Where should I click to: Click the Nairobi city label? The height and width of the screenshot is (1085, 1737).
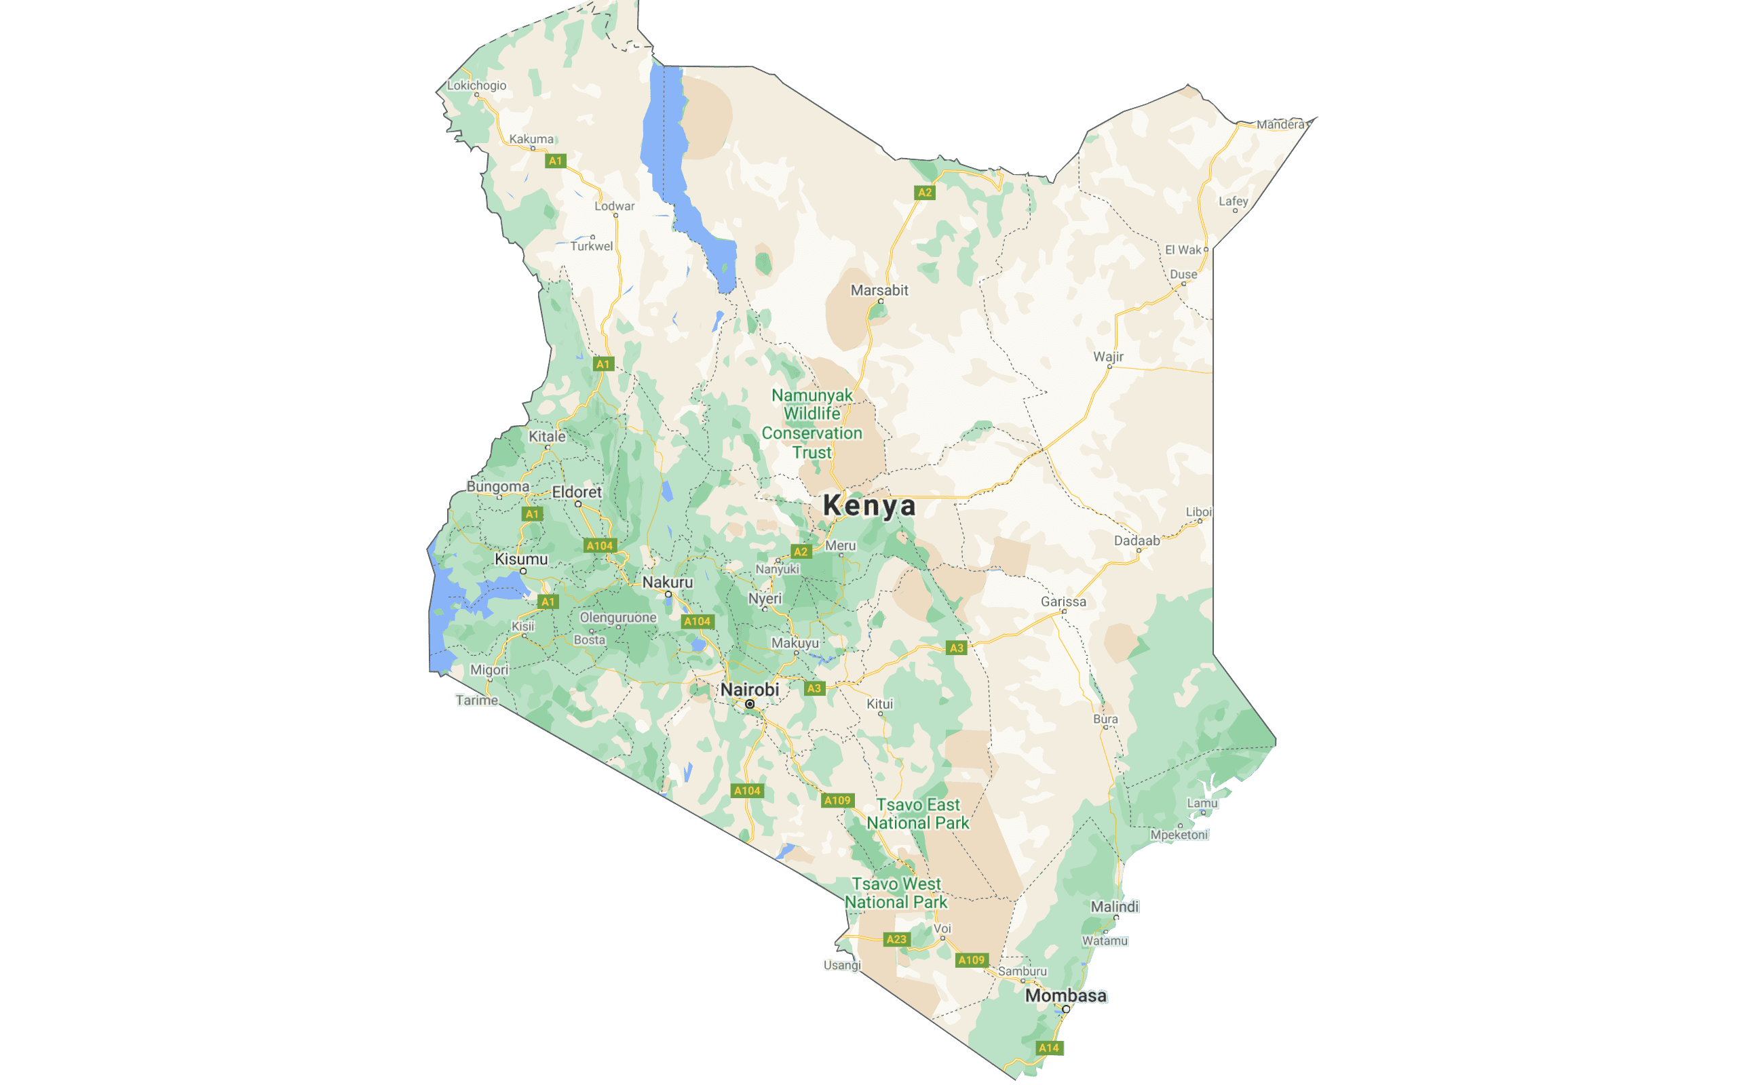[749, 689]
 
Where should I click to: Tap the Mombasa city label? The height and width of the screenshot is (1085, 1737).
[1065, 995]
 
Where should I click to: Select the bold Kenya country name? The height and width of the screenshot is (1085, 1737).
[869, 506]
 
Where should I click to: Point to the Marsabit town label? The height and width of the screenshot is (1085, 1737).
[879, 290]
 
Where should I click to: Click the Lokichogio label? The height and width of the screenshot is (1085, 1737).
[476, 85]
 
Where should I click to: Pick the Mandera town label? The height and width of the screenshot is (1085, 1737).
[1280, 124]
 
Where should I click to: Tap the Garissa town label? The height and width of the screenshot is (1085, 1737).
[1063, 601]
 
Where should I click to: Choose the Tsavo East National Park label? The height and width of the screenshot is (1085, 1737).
[918, 814]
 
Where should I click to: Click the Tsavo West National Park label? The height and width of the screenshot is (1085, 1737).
[896, 892]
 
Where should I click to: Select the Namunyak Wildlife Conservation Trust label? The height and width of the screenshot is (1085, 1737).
[812, 423]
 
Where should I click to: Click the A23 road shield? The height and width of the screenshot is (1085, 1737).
[896, 939]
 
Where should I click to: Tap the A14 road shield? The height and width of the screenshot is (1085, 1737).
[1049, 1048]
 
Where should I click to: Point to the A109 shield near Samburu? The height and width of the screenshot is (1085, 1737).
[971, 960]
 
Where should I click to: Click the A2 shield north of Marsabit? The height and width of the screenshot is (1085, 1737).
[925, 193]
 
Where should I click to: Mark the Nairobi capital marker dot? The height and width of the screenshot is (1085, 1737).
[749, 704]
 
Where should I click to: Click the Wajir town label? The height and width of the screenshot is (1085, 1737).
[1108, 357]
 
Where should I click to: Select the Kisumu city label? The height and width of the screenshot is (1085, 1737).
[521, 559]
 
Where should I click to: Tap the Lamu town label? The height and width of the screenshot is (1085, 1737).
[1202, 803]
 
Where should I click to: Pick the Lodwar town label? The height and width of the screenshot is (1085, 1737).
[615, 206]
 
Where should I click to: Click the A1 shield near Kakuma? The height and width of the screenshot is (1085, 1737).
[556, 161]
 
